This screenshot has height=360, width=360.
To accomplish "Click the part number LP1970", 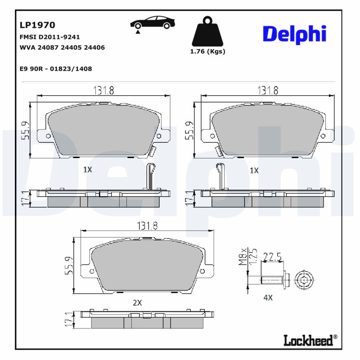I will point(37,26).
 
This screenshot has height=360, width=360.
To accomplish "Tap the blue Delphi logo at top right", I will point(294,35).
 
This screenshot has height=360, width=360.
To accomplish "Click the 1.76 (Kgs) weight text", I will point(207,51).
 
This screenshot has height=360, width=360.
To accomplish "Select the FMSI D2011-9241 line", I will point(49,37).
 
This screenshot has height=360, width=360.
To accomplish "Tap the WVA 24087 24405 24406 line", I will point(62,47).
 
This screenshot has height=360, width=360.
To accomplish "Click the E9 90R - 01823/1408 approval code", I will point(56,69).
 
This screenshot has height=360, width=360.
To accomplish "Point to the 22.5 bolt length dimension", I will point(272,257).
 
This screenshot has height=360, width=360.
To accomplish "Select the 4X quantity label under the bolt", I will point(268,297).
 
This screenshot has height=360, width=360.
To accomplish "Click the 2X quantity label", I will point(137,303).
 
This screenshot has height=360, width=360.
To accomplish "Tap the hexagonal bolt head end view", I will point(304,281).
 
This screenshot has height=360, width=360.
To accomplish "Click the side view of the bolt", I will point(272,280).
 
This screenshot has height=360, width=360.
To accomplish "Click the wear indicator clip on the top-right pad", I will point(220,175).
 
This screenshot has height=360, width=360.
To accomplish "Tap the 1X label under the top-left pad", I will point(88,170).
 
